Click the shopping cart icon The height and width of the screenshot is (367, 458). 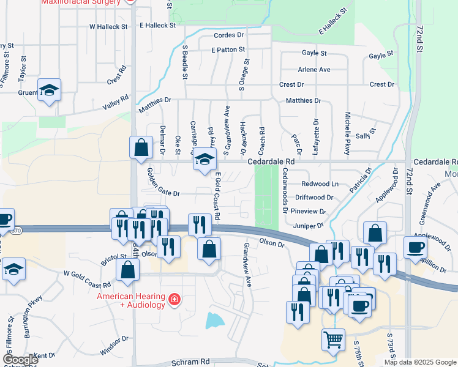(333, 339)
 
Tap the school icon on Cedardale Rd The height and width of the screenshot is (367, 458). (205, 160)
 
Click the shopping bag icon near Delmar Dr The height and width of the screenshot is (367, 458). (141, 147)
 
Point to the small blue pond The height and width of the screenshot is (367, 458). (215, 320)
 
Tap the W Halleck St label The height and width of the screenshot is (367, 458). (108, 27)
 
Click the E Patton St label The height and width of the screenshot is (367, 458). (228, 50)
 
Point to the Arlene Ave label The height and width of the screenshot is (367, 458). (313, 70)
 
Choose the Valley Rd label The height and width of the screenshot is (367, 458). (115, 102)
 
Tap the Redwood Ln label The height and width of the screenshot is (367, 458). (320, 184)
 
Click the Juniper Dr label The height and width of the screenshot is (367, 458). (308, 224)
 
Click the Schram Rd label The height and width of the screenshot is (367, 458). (191, 361)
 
